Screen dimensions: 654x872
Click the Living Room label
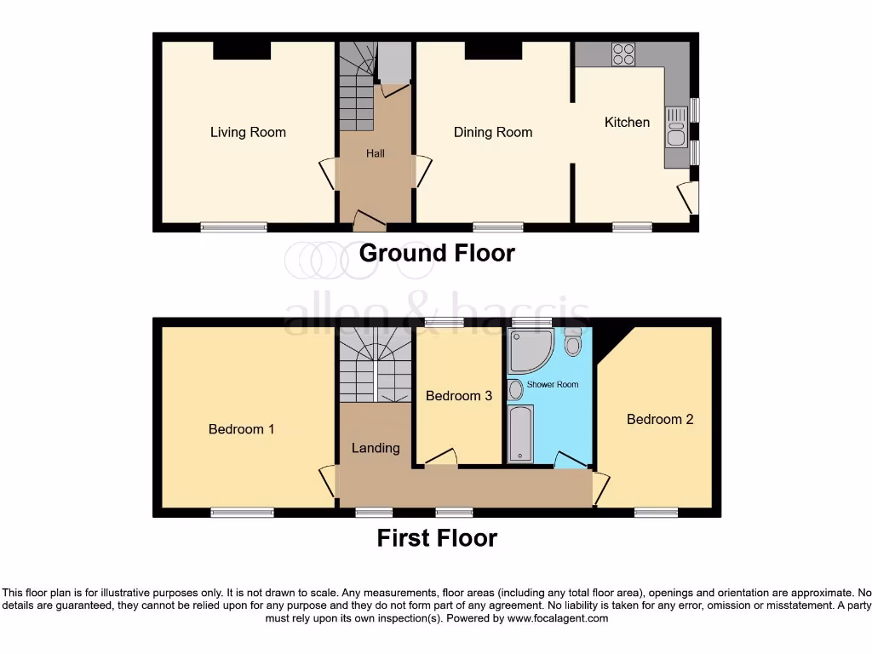point(248,132)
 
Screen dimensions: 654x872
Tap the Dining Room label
point(493,132)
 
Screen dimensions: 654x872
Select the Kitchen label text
point(627,122)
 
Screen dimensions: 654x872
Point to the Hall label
point(376,153)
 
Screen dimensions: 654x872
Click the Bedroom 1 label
point(241,429)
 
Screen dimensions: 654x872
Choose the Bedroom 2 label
point(660,419)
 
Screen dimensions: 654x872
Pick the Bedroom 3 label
point(459,396)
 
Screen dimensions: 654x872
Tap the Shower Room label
point(553,385)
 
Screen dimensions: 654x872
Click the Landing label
point(376,448)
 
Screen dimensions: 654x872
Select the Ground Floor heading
point(437,253)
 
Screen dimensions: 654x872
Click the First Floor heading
point(437,538)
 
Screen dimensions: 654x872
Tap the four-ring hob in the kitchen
point(623,54)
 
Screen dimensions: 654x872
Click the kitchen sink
point(676,135)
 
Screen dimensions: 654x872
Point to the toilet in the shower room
point(572,343)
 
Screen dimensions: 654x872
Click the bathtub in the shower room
point(519,434)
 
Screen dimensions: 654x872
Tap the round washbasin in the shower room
point(516,390)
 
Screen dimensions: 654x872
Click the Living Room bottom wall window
point(234,227)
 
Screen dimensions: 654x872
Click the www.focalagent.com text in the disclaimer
point(557,618)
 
